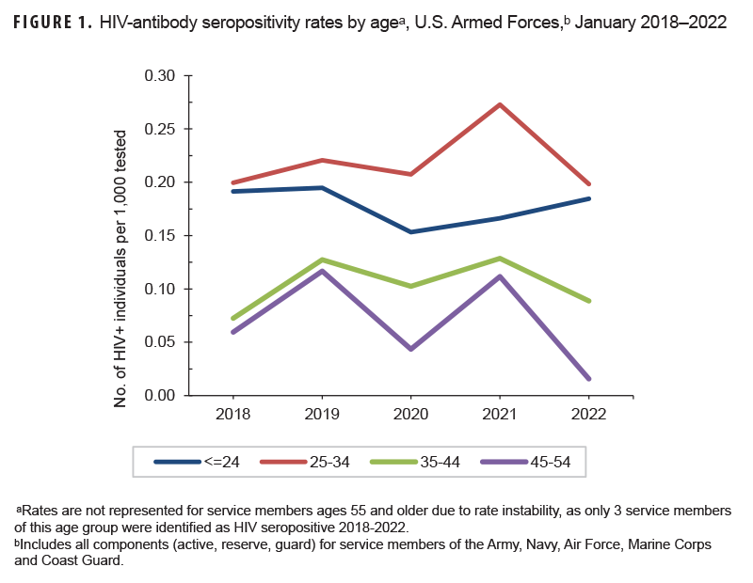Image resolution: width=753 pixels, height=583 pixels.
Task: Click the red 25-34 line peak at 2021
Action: tap(500, 104)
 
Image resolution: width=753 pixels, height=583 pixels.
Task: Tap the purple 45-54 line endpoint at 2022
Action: tap(589, 379)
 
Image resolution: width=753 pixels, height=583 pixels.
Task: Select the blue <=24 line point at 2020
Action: tap(410, 231)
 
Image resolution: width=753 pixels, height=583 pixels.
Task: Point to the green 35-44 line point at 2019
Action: tap(322, 260)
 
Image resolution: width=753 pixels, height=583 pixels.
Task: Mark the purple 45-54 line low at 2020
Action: tap(410, 349)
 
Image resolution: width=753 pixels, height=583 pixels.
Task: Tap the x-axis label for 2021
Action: tap(500, 415)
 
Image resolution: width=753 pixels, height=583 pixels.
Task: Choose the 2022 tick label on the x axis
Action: tap(588, 415)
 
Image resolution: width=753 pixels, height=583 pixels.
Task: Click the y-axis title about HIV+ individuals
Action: tap(121, 235)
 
